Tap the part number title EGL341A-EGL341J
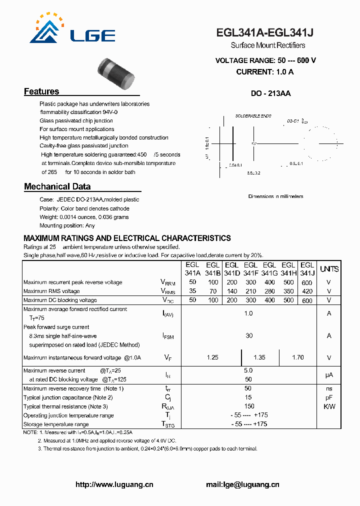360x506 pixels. coord(265,33)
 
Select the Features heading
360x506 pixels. coord(41,91)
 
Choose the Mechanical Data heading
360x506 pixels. coord(57,186)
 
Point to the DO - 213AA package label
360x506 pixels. coord(270,93)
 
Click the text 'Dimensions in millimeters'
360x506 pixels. coord(275,196)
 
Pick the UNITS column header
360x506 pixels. coord(329,269)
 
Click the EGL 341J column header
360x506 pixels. coord(307,269)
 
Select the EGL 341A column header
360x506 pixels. coord(192,269)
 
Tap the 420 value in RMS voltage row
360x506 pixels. coord(307,291)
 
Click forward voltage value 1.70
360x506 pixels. coord(297,357)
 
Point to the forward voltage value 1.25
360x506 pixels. coord(212,357)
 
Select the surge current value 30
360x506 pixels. coord(249,336)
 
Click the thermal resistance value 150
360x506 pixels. coord(249,406)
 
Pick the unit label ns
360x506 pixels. coord(329,388)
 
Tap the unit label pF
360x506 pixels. coord(329,397)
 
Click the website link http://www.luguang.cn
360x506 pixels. coord(114,484)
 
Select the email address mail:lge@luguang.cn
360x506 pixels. coord(242,484)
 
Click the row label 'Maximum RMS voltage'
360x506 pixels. coord(51,291)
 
